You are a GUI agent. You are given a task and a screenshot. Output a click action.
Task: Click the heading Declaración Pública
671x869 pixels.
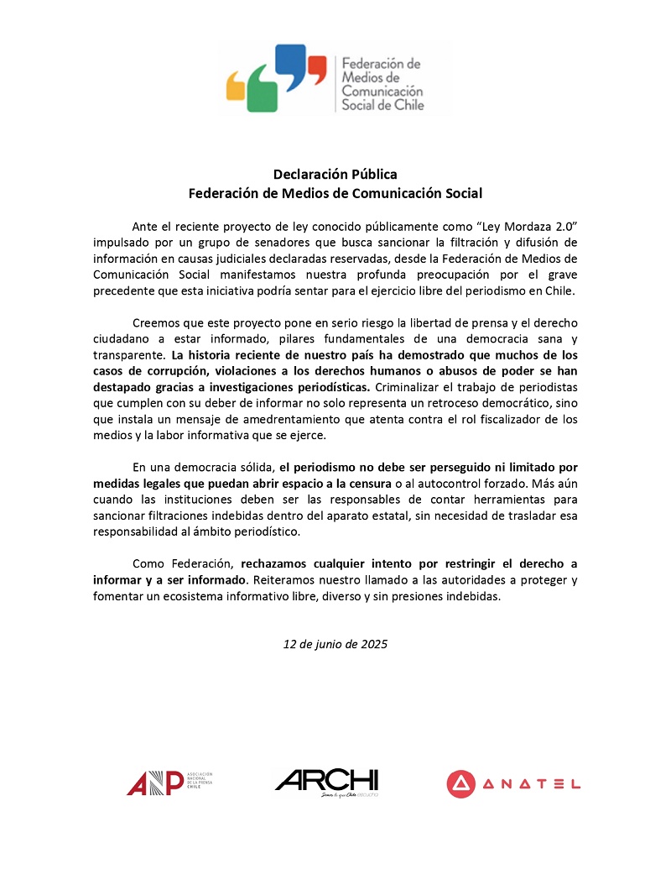tap(335, 174)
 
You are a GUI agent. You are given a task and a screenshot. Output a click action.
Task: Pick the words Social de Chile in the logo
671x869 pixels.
tap(382, 105)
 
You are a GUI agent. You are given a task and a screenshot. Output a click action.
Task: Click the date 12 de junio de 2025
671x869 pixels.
tap(335, 644)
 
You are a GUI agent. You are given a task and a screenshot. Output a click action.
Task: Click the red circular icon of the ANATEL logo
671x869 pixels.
tap(460, 783)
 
